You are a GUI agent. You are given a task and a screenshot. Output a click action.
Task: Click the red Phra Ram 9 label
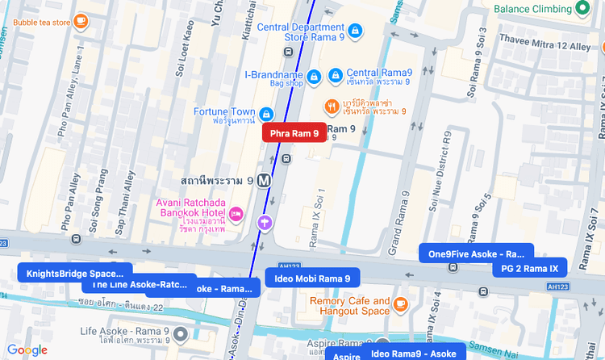pos(294,133)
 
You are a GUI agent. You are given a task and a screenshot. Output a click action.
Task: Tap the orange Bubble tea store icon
pos(81,22)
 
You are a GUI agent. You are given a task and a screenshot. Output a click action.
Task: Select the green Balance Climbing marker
pos(583,9)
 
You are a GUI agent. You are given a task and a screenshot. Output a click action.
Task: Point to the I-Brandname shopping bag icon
pos(315,76)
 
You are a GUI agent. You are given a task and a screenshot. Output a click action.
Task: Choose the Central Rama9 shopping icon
pos(335,76)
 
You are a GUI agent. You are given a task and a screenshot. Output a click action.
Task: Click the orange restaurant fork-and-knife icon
pos(332,107)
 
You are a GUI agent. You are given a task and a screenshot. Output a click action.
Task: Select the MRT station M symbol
pos(263,182)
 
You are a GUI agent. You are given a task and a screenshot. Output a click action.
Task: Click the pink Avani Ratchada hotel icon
pos(236,214)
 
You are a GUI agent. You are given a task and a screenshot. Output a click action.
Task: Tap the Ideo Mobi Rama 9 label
pos(312,278)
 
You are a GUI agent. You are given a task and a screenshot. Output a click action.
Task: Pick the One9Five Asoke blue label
pos(476,253)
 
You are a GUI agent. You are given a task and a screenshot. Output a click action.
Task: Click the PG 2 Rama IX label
pos(529,268)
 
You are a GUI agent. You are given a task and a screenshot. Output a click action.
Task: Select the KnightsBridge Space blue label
pos(75,273)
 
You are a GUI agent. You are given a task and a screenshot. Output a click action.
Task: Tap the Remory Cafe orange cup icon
pos(401,304)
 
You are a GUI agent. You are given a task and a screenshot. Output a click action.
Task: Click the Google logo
pos(27,350)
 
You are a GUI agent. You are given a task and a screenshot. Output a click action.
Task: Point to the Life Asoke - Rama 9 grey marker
pos(181,334)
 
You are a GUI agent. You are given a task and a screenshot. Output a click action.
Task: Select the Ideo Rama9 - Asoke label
pos(413,354)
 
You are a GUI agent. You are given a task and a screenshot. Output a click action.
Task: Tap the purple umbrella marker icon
pos(264,222)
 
